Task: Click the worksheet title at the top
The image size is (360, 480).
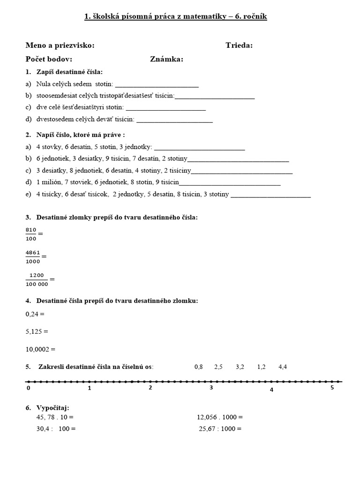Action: (175, 17)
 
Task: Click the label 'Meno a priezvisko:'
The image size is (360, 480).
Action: (60, 45)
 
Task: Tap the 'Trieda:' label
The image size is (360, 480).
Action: (239, 45)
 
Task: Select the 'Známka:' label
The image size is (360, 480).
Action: (166, 59)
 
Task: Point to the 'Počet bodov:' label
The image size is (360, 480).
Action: (49, 59)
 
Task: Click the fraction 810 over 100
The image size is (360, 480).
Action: (31, 233)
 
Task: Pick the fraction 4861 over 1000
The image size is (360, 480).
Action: (33, 256)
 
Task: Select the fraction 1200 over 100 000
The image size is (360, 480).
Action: (37, 279)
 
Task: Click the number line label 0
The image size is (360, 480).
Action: (28, 388)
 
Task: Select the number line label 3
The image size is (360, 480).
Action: (211, 388)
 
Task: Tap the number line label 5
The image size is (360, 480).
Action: (332, 388)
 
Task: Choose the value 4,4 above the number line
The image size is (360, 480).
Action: (283, 367)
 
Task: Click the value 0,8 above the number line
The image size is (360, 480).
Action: (198, 367)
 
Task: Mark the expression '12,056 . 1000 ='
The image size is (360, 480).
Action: (220, 417)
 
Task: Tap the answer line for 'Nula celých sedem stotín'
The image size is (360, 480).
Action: (157, 86)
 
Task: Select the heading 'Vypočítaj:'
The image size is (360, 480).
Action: (52, 408)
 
